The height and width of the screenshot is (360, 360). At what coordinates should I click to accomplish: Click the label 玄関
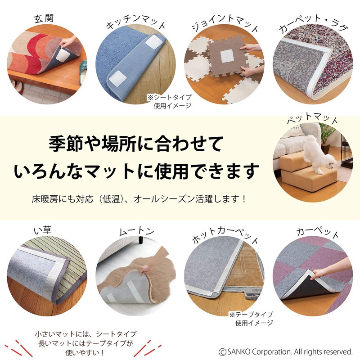click(x=44, y=19)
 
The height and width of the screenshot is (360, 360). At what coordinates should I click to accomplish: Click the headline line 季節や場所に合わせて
click(x=135, y=145)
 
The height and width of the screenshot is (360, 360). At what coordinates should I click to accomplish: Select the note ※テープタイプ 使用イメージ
click(x=251, y=318)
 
